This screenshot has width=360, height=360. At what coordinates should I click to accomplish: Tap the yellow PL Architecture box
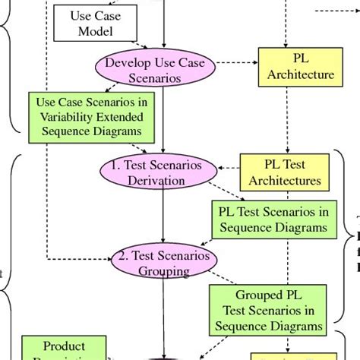pos(301,66)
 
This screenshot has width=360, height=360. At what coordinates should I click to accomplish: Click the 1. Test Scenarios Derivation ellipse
pos(155,172)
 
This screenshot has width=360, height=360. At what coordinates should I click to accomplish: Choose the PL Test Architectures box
pos(285,172)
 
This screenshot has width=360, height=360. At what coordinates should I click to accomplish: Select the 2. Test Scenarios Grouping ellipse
pos(163,263)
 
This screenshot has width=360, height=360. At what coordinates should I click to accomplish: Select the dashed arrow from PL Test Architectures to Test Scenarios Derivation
pos(225,171)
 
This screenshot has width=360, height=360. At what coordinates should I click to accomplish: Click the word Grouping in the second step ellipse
pos(163,271)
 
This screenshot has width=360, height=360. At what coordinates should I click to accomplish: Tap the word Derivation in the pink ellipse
pos(156,181)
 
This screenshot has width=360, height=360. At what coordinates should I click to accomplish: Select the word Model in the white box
pos(94,31)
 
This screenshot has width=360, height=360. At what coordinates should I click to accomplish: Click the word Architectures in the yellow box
pos(285,182)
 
